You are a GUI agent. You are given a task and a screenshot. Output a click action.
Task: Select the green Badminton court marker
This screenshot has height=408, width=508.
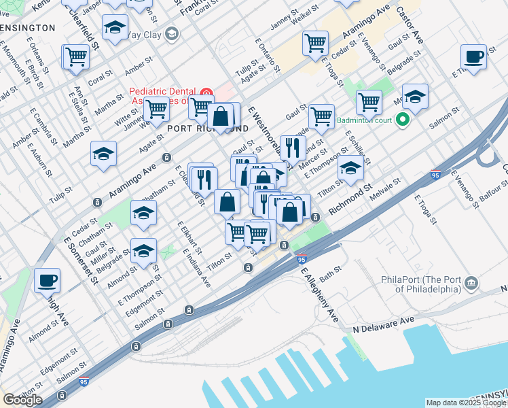[402, 121]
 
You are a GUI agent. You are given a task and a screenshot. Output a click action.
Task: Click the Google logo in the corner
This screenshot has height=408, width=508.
[22, 399]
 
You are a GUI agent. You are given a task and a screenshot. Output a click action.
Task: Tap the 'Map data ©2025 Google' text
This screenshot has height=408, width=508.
[466, 403]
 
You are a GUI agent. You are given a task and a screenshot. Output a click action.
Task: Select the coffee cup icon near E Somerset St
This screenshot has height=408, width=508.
[47, 279]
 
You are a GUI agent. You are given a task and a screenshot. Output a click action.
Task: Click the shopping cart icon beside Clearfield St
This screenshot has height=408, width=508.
[77, 57]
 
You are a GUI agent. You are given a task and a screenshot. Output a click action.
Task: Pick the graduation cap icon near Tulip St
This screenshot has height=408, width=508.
[103, 154]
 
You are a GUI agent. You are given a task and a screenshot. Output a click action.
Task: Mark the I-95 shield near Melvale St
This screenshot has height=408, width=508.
[435, 175]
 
